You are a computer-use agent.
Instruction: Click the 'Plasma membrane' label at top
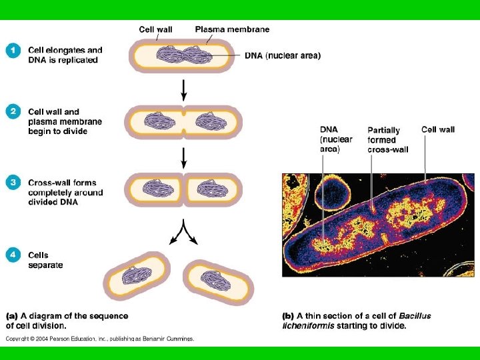[232, 29]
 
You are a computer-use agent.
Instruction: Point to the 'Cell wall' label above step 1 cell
[156, 29]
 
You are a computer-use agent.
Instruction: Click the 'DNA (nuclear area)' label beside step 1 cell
[283, 56]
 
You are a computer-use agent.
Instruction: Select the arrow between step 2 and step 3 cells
[184, 156]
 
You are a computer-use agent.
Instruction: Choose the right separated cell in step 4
[217, 281]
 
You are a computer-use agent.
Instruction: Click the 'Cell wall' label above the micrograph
[438, 129]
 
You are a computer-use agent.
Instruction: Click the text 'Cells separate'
[45, 260]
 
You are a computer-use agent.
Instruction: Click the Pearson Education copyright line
[100, 339]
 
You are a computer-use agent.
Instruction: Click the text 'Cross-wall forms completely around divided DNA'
[65, 192]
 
